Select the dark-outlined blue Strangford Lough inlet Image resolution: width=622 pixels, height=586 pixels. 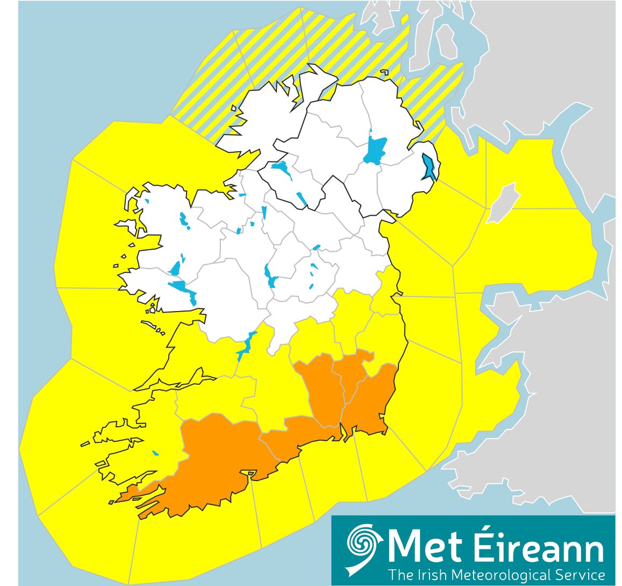(430, 167)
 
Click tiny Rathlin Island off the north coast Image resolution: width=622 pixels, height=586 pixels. (384, 72)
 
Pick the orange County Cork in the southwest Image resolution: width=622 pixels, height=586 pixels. (215, 457)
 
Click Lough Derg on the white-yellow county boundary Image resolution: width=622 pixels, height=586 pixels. (245, 347)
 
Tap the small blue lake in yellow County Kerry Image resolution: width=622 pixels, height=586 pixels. (156, 453)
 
